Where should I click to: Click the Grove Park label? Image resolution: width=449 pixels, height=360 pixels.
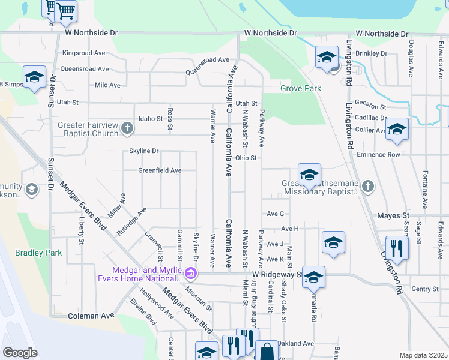point(301,89)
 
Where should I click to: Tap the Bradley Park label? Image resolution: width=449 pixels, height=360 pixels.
point(38,253)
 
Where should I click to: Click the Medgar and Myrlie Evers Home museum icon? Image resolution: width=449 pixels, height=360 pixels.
point(191,274)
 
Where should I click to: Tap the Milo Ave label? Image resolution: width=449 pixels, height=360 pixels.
point(107,85)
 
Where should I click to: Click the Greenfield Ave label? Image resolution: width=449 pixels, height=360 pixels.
point(160,170)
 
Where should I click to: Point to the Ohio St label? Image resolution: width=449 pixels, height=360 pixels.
point(246,158)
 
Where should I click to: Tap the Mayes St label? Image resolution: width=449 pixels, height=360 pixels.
point(393,215)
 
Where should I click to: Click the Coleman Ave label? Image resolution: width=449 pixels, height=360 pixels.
point(91,316)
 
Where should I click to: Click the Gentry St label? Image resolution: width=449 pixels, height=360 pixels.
point(426,289)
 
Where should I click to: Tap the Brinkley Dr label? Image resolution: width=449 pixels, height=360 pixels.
point(372,53)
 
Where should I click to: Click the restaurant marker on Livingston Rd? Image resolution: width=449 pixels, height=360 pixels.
point(397,247)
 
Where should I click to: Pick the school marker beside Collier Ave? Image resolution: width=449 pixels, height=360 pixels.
point(397,129)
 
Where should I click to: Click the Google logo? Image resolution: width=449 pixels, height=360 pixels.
point(20,353)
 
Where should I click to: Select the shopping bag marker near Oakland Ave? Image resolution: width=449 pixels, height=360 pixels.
point(267,350)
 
